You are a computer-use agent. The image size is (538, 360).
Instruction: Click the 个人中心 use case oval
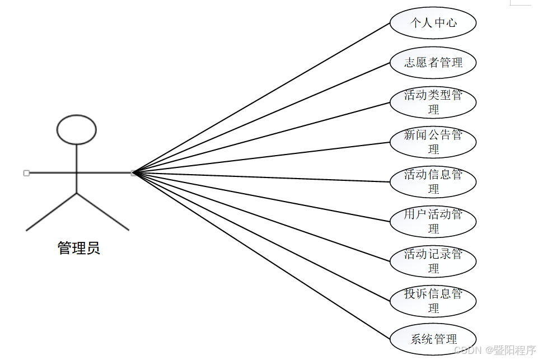pos(433,23)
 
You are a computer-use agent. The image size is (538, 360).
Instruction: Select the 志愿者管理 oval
pos(433,62)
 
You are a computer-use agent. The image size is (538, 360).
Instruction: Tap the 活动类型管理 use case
pos(433,102)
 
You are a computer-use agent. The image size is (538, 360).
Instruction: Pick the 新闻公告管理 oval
pos(433,142)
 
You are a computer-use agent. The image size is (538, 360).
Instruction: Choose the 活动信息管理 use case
pos(433,181)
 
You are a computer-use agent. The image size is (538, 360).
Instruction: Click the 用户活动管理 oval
pos(433,221)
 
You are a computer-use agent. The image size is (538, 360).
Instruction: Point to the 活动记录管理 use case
pos(433,261)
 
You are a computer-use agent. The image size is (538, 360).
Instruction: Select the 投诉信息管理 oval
pos(433,301)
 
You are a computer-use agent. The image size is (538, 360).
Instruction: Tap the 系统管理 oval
pos(433,339)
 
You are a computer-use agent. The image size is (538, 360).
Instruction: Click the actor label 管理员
pos(79,248)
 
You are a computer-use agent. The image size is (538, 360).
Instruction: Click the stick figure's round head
pos(77,129)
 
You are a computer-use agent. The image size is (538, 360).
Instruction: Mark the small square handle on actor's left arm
pos(26,173)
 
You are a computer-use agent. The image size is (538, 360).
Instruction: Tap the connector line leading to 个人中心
pos(261,98)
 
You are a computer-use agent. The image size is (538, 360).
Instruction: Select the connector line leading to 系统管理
pos(261,255)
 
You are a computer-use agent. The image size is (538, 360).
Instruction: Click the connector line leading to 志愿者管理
pos(261,118)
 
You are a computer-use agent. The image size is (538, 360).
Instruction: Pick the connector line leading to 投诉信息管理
pos(261,236)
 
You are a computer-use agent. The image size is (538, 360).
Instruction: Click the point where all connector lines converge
pos(134,173)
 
